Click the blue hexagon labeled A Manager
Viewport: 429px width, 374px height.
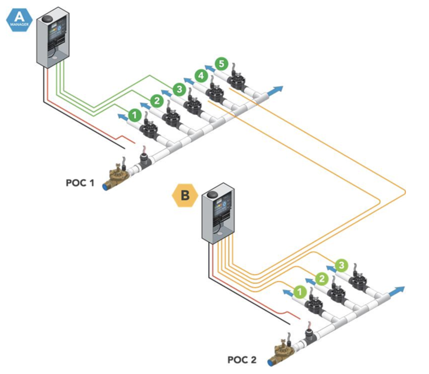[19, 19]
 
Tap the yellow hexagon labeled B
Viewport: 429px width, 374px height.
[185, 195]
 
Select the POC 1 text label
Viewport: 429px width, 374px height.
[80, 183]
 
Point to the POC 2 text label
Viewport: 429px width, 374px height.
[242, 360]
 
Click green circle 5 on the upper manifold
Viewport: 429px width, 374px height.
[221, 64]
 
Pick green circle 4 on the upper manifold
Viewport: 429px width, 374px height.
[201, 75]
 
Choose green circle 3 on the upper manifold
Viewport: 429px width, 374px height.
[179, 89]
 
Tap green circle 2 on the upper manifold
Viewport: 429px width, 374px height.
[157, 101]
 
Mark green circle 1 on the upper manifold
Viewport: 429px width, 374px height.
[135, 115]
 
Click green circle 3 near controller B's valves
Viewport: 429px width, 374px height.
[341, 265]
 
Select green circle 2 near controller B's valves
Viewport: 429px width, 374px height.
[322, 279]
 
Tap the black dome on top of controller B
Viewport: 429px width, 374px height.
[212, 195]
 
